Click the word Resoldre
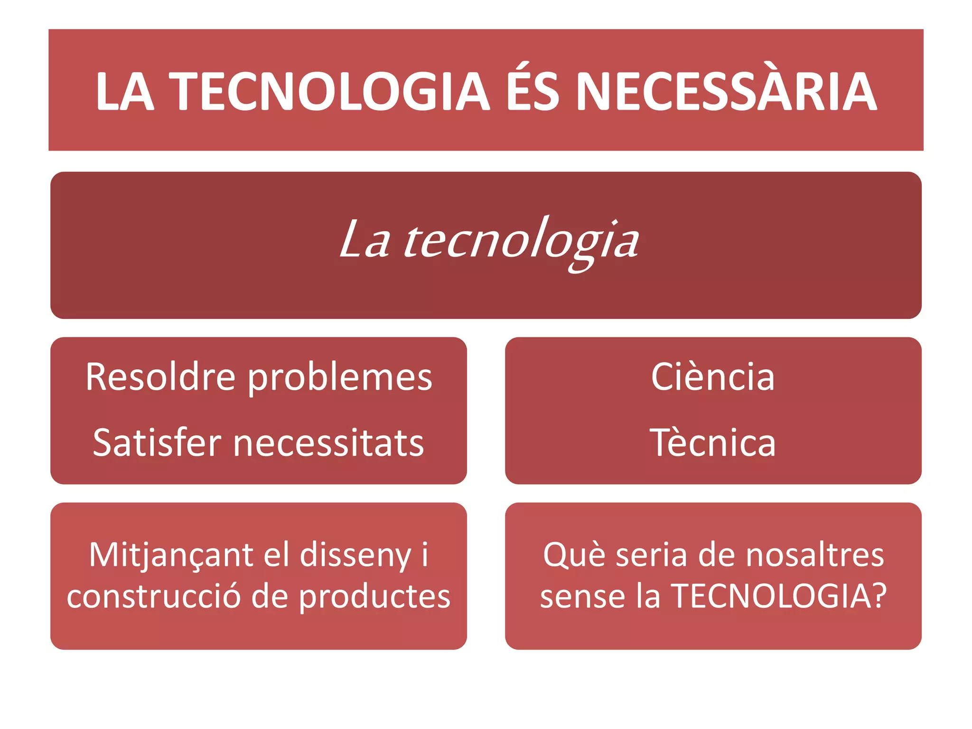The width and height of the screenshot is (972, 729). [x=160, y=377]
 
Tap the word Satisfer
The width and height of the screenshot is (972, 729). [x=157, y=442]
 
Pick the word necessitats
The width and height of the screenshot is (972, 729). [x=328, y=443]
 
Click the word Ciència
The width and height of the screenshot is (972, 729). [x=713, y=377]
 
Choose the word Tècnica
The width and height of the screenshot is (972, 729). [x=713, y=442]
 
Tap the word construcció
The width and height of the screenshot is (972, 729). [x=154, y=596]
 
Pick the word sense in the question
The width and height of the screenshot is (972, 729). [x=582, y=596]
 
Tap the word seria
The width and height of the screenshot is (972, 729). [x=651, y=554]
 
